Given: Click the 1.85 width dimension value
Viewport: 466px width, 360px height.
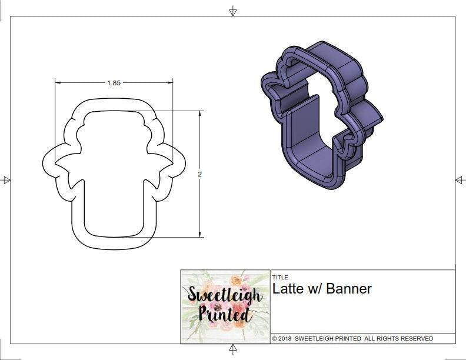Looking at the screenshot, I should point(114,83).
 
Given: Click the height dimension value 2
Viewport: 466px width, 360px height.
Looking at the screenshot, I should point(200,174).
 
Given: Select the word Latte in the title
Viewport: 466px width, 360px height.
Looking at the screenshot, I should point(286,289).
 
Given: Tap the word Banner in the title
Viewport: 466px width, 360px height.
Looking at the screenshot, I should point(349,289).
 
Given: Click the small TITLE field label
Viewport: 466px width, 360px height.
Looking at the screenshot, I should point(280,277).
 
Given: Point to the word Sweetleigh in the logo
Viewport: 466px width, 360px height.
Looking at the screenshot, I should point(225,295).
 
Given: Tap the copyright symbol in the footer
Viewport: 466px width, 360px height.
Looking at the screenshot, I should point(275,339).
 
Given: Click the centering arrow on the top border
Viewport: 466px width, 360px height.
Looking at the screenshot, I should point(233,11).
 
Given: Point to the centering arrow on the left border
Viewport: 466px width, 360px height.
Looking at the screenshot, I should point(6,180).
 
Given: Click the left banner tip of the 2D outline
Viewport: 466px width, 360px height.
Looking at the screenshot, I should point(44,165).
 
